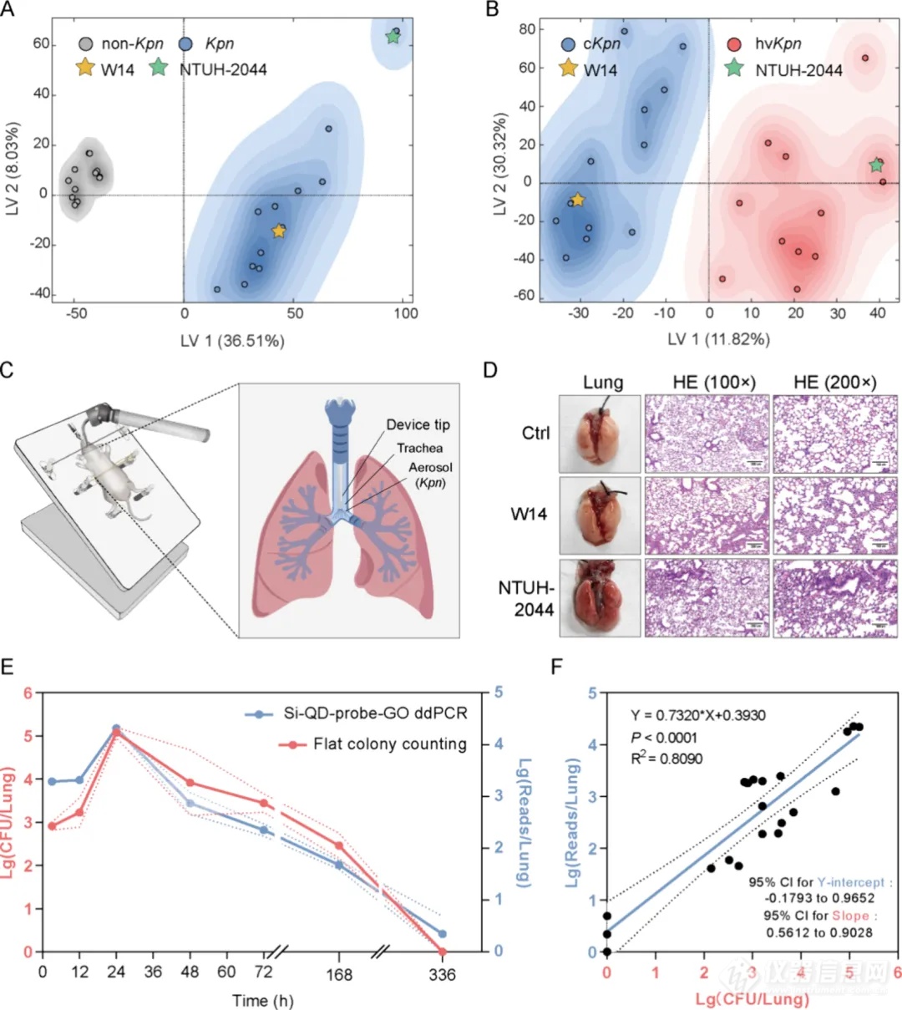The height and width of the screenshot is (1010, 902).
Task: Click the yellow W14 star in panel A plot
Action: click(278, 231)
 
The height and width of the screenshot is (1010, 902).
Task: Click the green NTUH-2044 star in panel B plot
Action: click(876, 165)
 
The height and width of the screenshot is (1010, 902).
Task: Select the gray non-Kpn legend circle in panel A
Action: click(85, 44)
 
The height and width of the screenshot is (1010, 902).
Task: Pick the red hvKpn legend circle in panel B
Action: click(736, 43)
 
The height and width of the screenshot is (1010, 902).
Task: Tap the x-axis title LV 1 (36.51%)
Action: click(231, 340)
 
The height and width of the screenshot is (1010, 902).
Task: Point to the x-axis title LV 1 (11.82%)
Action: click(718, 338)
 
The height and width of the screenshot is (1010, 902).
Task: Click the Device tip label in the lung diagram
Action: click(418, 425)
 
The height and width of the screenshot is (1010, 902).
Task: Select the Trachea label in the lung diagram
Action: click(419, 449)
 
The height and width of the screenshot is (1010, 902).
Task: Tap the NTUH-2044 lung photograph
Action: click(600, 597)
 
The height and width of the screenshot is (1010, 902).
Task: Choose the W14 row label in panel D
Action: click(529, 514)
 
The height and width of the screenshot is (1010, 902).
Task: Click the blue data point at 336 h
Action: click(443, 934)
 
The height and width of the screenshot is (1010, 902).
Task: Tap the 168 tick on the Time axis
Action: click(338, 974)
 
